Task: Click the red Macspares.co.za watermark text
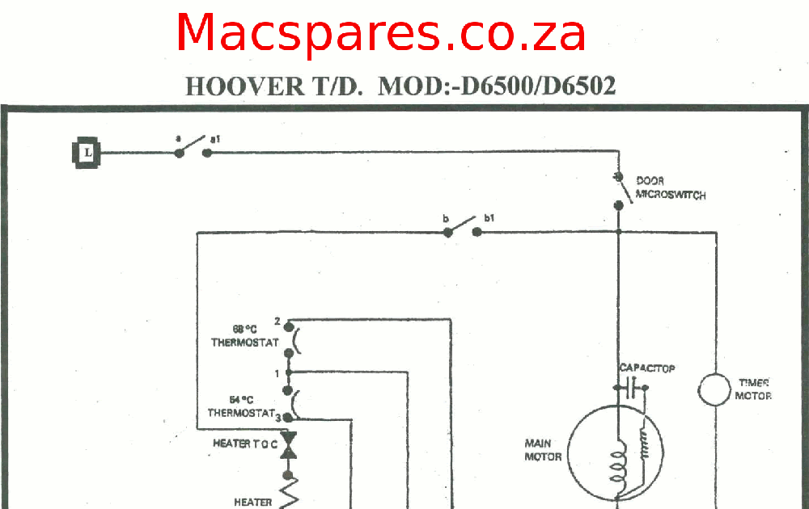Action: [x=380, y=34]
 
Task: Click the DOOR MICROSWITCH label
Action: [x=670, y=188]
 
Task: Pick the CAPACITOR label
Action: [x=647, y=368]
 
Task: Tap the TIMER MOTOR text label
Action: [x=752, y=389]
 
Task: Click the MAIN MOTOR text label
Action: [x=544, y=450]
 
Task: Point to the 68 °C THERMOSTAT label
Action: [x=244, y=336]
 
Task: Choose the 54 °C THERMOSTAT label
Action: [x=242, y=406]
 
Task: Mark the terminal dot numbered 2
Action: [x=289, y=330]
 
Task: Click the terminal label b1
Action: [x=489, y=218]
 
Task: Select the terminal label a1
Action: [x=215, y=140]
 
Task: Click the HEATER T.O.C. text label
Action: [x=245, y=444]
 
